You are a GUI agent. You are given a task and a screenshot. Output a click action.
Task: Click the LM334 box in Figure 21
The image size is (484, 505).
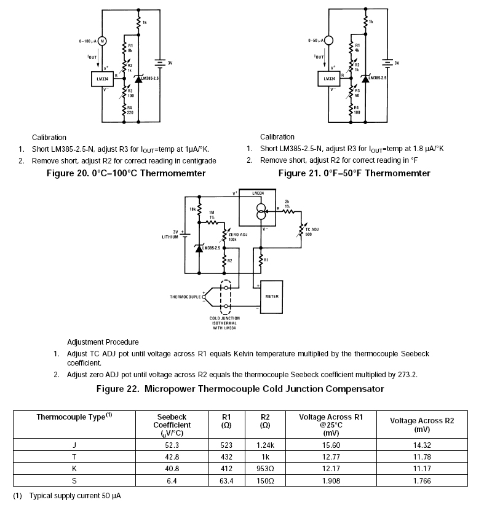[329, 79]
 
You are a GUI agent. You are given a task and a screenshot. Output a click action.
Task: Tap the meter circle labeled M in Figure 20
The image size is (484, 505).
[102, 41]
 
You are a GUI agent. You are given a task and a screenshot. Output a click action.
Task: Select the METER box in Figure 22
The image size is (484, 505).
[271, 296]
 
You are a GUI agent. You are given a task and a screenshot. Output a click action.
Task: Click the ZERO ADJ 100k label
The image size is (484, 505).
[237, 237]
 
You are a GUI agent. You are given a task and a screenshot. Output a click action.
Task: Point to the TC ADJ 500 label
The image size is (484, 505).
[312, 231]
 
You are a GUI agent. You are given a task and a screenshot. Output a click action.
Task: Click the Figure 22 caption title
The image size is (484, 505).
[240, 389]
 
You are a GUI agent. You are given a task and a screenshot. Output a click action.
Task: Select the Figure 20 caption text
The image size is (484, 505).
[126, 173]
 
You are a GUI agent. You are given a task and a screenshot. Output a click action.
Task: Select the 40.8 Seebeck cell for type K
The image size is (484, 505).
[176, 469]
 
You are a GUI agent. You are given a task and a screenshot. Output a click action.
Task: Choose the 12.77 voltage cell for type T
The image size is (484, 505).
[331, 456]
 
